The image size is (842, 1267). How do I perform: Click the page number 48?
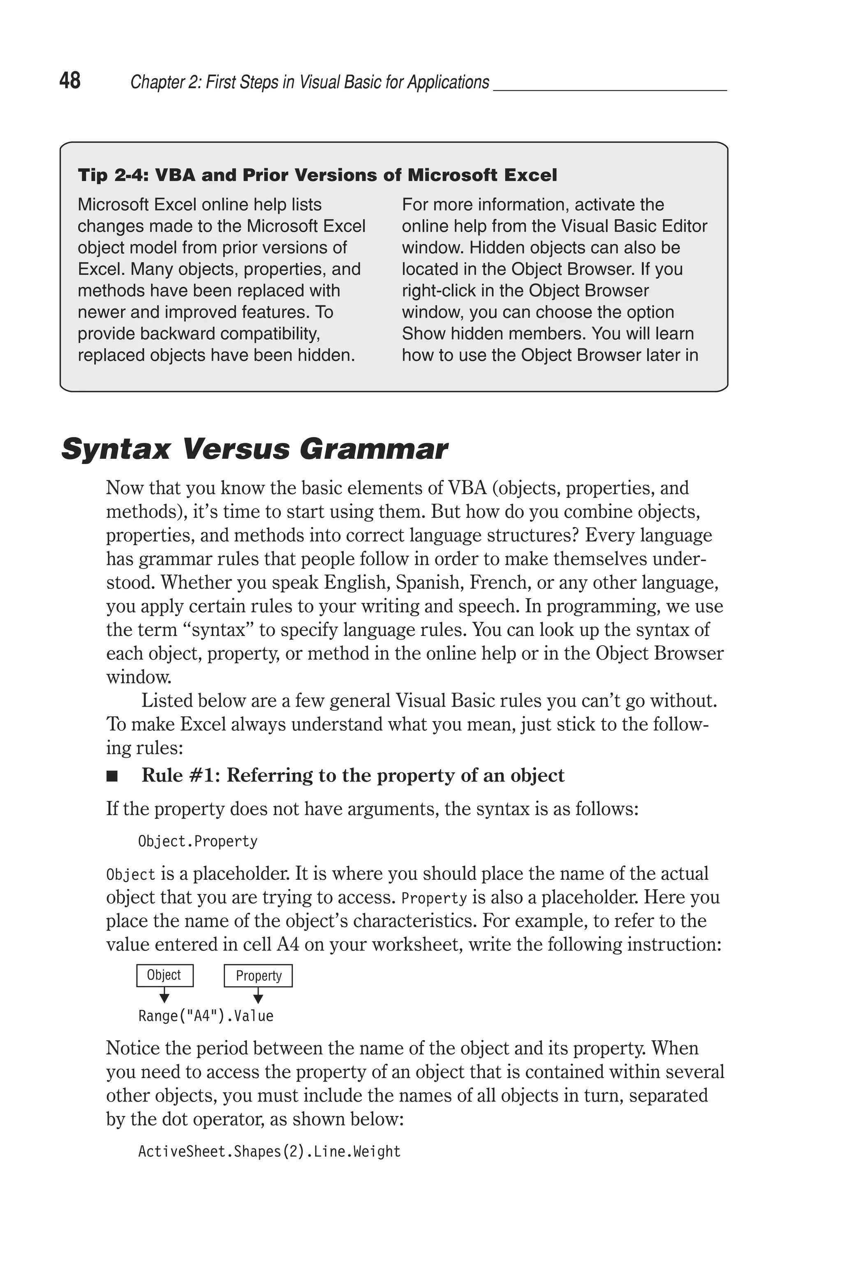70,81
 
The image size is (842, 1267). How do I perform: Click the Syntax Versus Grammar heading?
254,449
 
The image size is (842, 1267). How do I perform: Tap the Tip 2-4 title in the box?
317,175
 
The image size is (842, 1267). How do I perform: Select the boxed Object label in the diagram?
164,975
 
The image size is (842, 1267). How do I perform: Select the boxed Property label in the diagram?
258,976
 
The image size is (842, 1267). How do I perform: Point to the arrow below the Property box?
258,997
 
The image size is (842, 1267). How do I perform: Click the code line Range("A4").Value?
206,1016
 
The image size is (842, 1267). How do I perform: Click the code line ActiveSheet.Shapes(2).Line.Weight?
269,1151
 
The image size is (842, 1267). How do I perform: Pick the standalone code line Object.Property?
198,842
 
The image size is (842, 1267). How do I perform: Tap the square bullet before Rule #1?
112,776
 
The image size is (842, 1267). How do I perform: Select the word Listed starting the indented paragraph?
167,701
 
